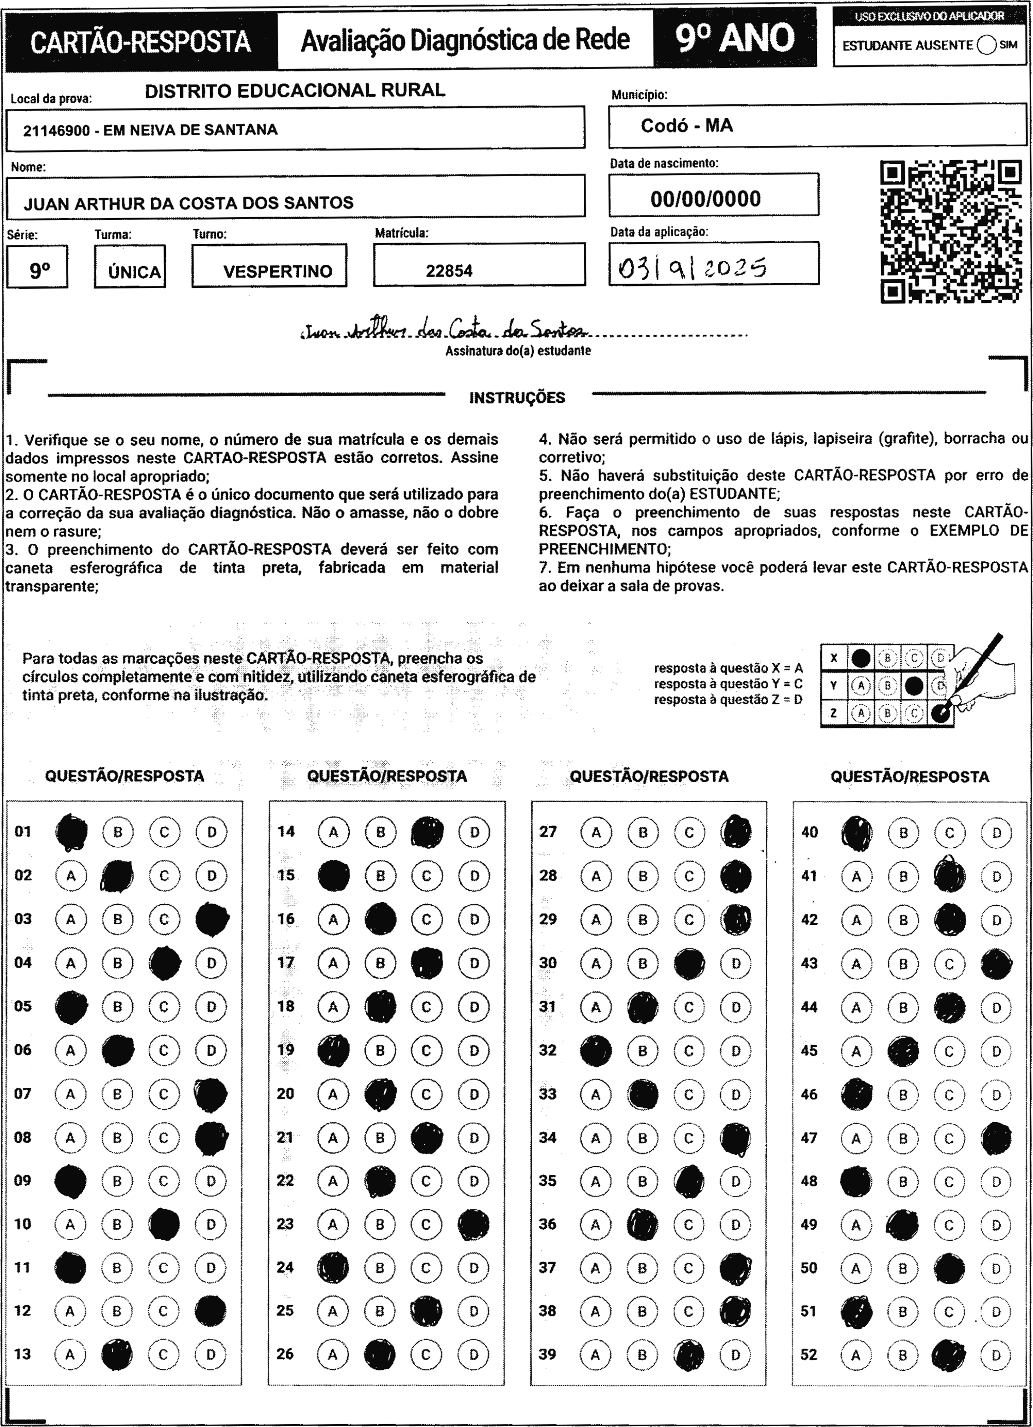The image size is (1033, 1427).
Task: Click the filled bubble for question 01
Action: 71,832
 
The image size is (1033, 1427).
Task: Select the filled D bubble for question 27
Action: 736,832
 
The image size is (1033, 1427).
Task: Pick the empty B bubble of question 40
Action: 903,833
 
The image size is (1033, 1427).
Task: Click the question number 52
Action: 809,1354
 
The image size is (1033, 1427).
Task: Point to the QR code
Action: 950,232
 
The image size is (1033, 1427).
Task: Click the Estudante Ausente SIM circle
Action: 986,45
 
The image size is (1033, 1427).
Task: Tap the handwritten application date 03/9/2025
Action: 692,269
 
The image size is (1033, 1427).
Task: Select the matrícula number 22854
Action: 449,271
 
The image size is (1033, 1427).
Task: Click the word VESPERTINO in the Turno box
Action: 278,272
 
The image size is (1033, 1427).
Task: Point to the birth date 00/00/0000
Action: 705,199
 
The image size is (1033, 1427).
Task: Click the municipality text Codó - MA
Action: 687,126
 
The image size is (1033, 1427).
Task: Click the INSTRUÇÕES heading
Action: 517,398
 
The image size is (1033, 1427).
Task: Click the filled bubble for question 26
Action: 380,1354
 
